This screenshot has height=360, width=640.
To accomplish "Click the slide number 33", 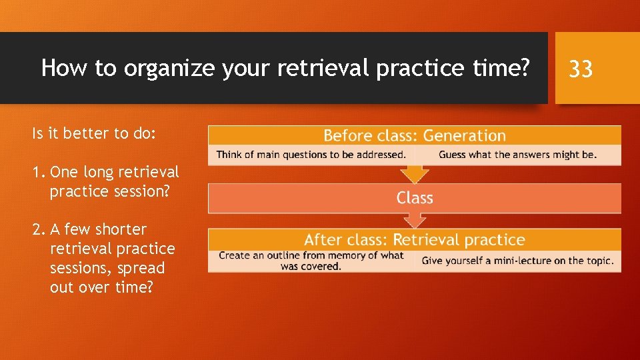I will (x=581, y=68).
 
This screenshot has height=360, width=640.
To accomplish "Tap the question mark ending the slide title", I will (x=525, y=68).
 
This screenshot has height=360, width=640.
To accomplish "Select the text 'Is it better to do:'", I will (x=94, y=133).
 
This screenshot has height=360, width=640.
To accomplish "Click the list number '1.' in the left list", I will (x=39, y=172).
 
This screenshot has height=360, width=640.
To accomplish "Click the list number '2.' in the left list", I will (x=39, y=229).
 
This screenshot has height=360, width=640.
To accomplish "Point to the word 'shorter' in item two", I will (x=121, y=229).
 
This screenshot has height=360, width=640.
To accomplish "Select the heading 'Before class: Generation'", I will (x=414, y=136).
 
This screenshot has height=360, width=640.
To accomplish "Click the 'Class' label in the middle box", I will (x=415, y=198).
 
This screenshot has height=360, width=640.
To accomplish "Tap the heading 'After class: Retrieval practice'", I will (x=414, y=240).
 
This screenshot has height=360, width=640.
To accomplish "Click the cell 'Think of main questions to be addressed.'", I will (x=311, y=155).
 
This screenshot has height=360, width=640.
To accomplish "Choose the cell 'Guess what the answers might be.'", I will (x=517, y=155).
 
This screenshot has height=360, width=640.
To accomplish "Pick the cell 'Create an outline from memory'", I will (x=311, y=260).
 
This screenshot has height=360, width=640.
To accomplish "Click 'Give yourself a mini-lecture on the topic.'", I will (x=517, y=261).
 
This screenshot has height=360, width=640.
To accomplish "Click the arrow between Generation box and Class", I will (x=415, y=174).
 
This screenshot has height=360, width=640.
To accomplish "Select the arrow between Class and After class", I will (x=415, y=220).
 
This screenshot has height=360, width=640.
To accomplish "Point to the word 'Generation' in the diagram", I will (x=464, y=136).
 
